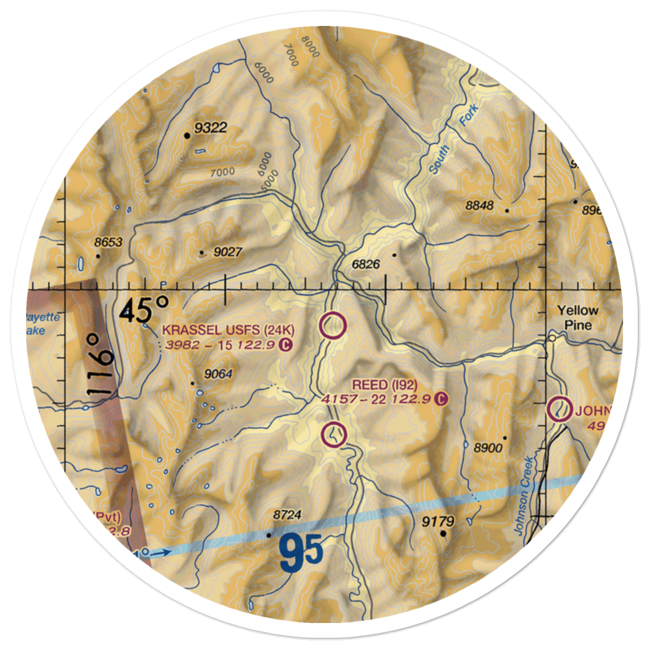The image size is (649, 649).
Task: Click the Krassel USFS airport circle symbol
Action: (x=333, y=326)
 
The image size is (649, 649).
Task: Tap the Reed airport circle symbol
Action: (x=334, y=434)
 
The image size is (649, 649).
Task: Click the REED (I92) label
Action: (x=389, y=385)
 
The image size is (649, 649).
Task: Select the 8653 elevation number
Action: (x=108, y=242)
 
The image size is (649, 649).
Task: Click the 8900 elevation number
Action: (x=489, y=447)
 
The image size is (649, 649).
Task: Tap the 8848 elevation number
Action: (x=480, y=206)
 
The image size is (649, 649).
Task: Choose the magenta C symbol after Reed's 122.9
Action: (x=442, y=398)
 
